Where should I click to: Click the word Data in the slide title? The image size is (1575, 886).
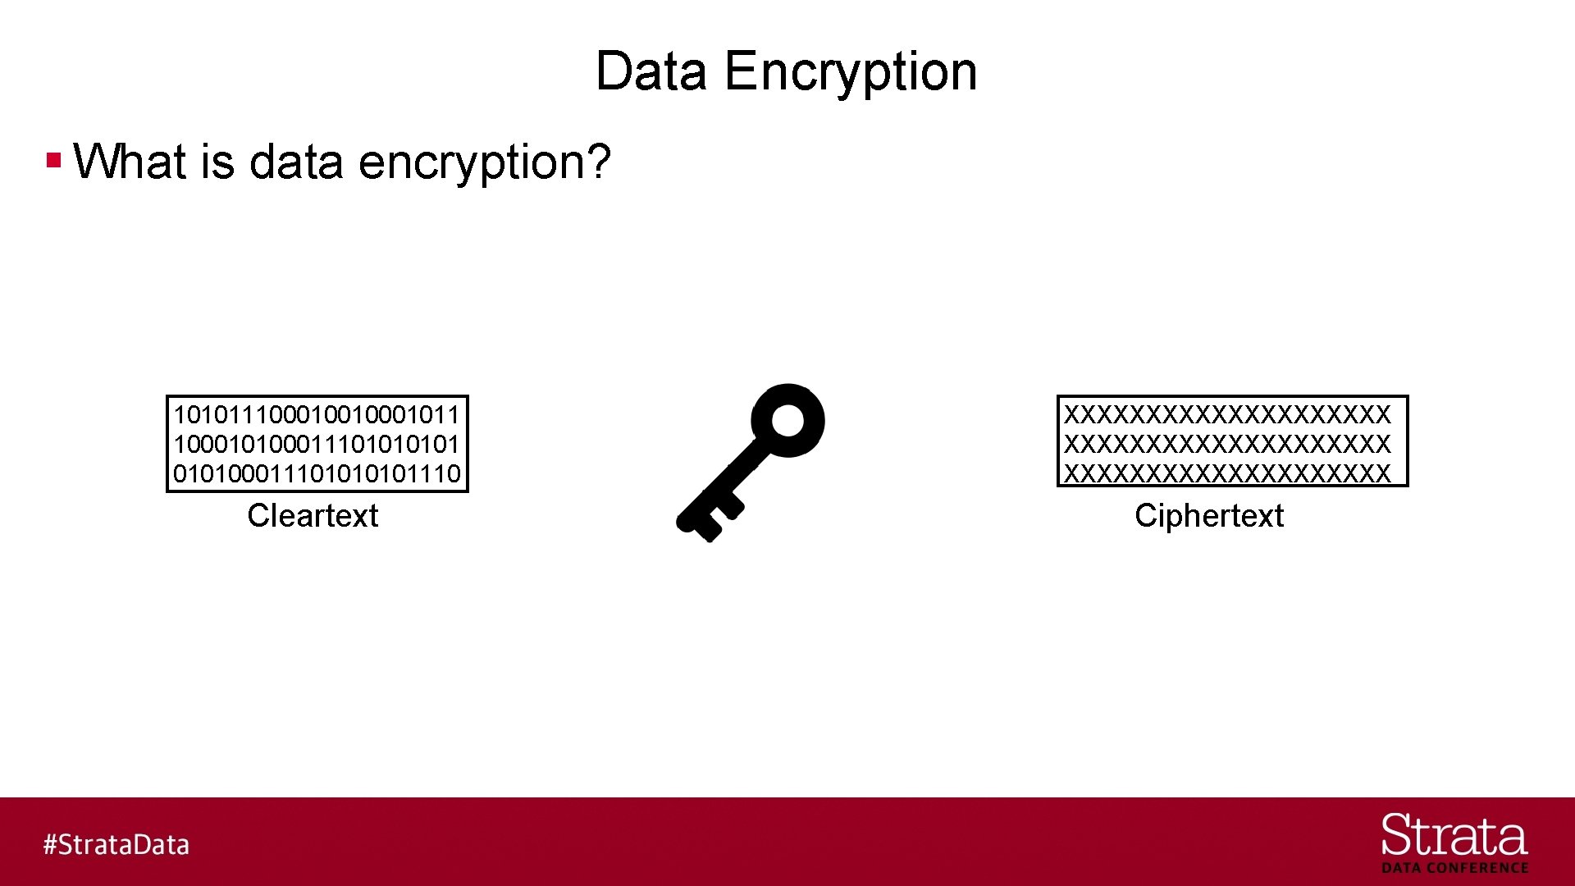click(x=651, y=71)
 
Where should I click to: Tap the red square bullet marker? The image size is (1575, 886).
click(x=54, y=159)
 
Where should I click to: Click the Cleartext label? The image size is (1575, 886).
click(x=313, y=516)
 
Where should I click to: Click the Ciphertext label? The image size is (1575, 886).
click(x=1208, y=516)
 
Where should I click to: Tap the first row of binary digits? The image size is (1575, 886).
click(x=317, y=415)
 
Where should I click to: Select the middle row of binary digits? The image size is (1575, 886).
click(x=317, y=445)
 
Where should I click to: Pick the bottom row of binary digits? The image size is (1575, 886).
click(x=317, y=474)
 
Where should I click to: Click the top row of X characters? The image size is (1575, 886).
click(x=1227, y=415)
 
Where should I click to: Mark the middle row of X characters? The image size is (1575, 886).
click(x=1227, y=445)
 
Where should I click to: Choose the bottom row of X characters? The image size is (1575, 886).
click(x=1227, y=474)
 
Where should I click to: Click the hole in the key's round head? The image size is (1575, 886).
click(x=788, y=420)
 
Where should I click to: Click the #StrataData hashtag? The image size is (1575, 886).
click(x=116, y=845)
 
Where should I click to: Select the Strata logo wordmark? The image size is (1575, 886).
click(x=1454, y=837)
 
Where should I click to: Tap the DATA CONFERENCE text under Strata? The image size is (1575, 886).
click(x=1454, y=868)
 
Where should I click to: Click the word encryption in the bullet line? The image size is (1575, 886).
click(x=474, y=161)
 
